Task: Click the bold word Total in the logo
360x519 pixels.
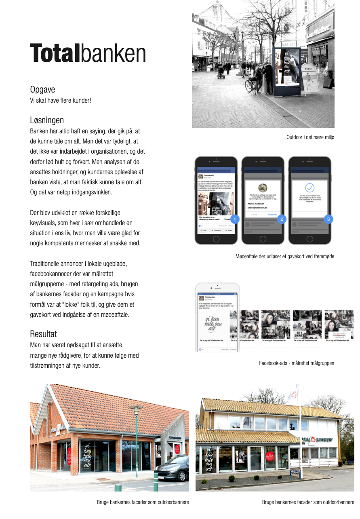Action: tap(55, 53)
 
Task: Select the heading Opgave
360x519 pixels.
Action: tap(42, 89)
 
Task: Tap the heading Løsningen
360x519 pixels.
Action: tap(47, 120)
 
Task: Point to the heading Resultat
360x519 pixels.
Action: tap(43, 334)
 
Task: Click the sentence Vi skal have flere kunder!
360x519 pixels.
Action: tap(61, 100)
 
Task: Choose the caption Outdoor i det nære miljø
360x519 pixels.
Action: tap(310, 137)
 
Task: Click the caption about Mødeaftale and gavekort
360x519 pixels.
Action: tap(285, 256)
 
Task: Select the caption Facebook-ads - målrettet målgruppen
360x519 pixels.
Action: tap(297, 363)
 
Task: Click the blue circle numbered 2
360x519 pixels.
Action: tap(282, 219)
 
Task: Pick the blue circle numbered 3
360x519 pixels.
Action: tap(328, 219)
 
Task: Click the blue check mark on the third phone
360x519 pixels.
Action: tap(309, 188)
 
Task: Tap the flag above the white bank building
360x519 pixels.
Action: tap(294, 393)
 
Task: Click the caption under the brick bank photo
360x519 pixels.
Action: tap(143, 502)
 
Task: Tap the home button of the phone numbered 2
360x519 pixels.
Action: tap(263, 238)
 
